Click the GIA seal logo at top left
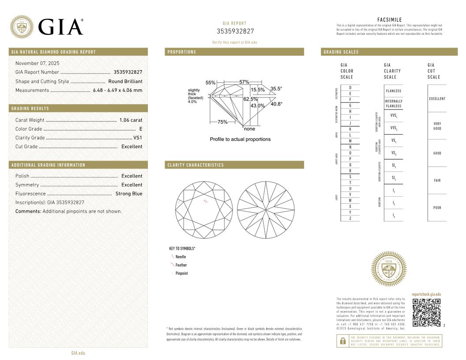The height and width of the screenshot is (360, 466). point(22,26)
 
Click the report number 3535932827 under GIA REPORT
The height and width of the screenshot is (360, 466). point(235,31)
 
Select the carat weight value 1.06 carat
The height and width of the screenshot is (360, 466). point(131,120)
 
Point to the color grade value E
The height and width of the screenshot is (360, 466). point(140,129)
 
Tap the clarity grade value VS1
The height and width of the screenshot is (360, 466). point(138,138)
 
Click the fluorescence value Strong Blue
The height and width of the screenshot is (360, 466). point(129,194)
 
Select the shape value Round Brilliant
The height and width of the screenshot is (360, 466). point(125,81)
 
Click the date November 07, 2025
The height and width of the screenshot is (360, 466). point(37,64)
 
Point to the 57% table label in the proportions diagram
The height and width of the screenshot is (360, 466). point(244,82)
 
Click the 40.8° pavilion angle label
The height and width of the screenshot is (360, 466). point(276,104)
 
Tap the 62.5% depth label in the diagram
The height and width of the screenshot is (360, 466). point(250,99)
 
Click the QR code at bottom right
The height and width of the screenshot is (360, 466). point(426,313)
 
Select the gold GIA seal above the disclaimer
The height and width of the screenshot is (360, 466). point(388,269)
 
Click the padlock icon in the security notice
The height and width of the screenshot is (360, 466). point(342,341)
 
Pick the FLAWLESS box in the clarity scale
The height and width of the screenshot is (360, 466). point(393,91)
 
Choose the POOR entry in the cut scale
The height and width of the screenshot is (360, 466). point(437,207)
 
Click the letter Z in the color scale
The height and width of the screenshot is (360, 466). point(350,218)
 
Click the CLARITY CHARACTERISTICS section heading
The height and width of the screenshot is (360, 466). point(195,165)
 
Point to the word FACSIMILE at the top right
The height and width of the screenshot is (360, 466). point(390,20)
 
